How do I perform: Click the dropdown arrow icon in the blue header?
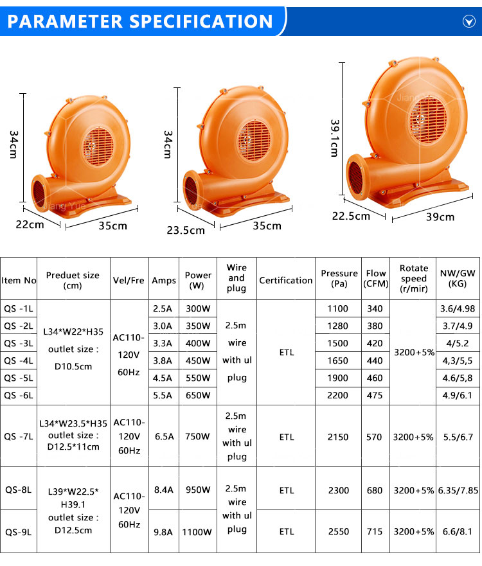pos(469,22)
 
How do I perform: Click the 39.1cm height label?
pos(335,139)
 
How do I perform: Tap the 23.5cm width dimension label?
pos(186,230)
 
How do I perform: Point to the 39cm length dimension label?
pos(440,217)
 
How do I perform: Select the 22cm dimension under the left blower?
pos(30,224)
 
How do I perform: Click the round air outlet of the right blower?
pos(355,178)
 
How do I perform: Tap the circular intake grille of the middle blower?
pos(253,141)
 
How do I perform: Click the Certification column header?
pos(286,281)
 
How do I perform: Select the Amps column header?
pos(164,281)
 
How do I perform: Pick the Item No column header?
pos(19,281)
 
